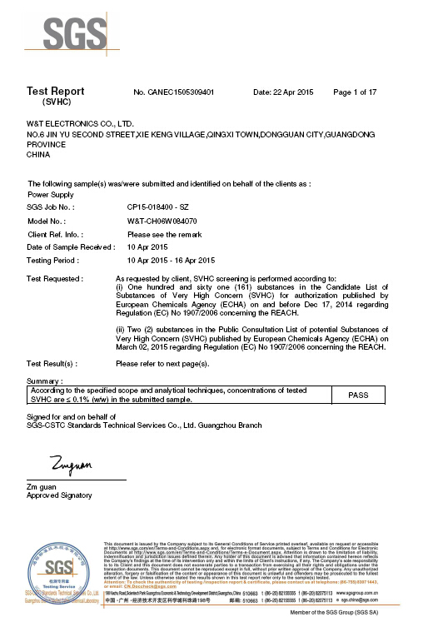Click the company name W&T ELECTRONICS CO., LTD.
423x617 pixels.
point(77,122)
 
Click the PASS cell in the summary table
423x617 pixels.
point(358,396)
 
